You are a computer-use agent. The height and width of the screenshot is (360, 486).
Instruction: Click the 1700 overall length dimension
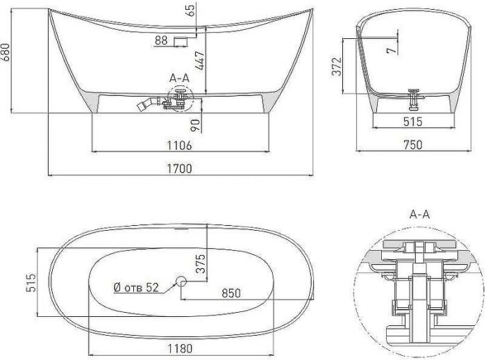click(179, 168)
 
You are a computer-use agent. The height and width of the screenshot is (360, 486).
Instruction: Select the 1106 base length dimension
click(179, 145)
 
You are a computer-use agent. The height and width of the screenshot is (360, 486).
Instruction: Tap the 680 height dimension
click(6, 52)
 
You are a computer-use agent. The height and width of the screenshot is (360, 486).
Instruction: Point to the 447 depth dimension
click(200, 60)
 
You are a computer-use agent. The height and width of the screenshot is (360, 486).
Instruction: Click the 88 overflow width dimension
click(161, 40)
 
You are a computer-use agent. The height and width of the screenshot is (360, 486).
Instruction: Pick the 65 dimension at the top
click(191, 10)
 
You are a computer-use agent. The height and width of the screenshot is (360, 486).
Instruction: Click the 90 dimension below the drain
click(195, 125)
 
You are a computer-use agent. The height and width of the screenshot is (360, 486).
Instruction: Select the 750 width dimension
click(413, 145)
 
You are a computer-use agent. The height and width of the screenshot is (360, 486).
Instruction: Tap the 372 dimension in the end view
click(337, 67)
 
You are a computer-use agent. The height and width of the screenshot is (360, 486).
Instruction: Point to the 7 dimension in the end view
click(392, 49)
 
